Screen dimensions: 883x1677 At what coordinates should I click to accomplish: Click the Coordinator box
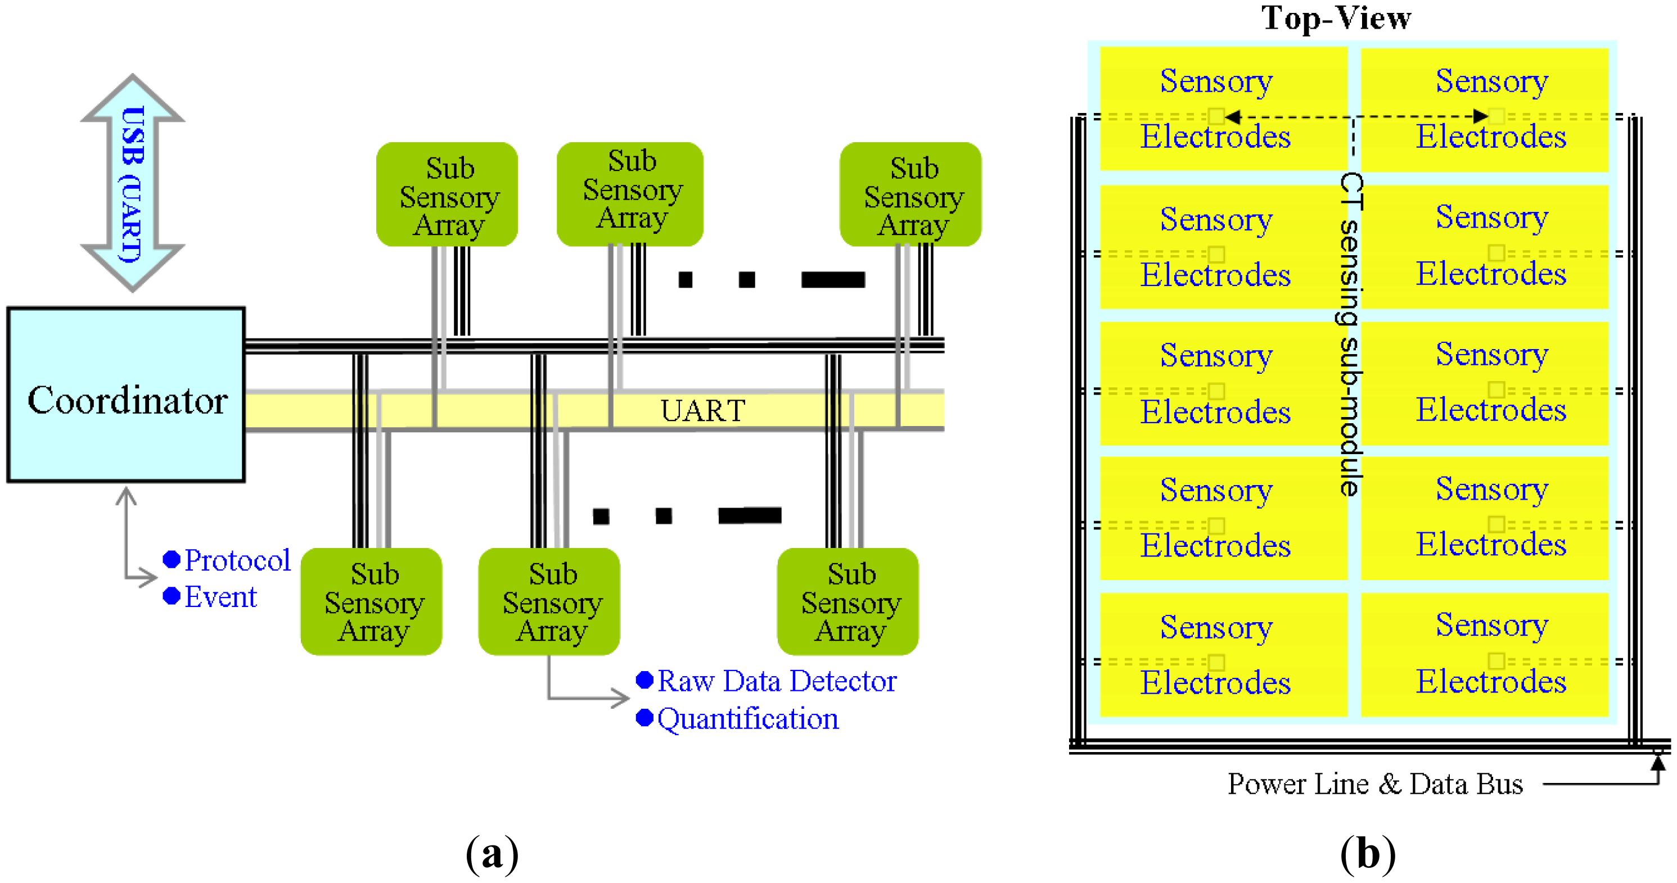coord(125,395)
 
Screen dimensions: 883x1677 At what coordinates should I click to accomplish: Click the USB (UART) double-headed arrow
coord(132,183)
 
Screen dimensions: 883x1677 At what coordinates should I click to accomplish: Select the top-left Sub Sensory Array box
coord(447,194)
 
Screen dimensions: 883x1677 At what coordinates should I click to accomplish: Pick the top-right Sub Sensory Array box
coord(910,194)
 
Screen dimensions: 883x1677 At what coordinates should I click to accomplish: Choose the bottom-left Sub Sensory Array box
coord(371,601)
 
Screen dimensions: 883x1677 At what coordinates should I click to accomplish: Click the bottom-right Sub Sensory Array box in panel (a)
coord(847,601)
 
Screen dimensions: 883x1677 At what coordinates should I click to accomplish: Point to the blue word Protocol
coord(237,560)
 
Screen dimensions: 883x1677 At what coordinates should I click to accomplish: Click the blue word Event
coord(220,597)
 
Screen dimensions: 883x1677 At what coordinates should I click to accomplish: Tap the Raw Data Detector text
coord(776,681)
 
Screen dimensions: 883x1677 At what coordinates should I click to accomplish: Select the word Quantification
coord(747,719)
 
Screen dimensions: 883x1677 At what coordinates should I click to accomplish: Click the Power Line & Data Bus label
coord(1375,784)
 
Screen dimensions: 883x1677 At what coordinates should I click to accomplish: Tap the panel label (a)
coord(492,853)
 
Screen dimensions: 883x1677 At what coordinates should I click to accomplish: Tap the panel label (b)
coord(1368,853)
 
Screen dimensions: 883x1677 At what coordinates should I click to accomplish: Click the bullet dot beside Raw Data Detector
coord(644,680)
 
